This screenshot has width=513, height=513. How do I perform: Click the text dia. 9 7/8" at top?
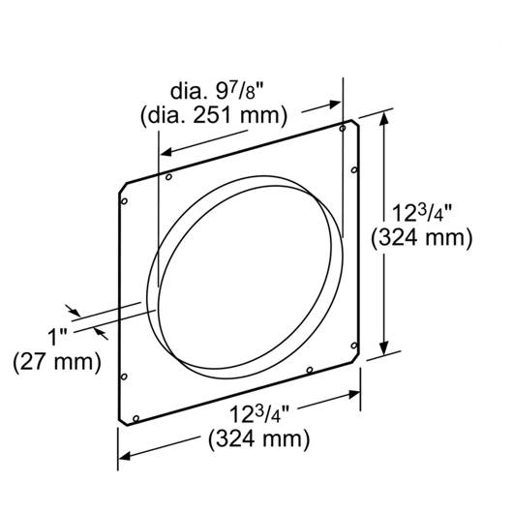pos(217,92)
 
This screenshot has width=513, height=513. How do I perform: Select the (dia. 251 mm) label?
pos(214,115)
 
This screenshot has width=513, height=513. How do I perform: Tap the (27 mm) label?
pos(57,362)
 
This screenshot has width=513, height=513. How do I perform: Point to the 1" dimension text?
pos(57,337)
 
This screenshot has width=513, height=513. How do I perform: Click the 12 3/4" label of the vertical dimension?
pos(422,213)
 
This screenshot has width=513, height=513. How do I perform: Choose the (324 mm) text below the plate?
pos(258,438)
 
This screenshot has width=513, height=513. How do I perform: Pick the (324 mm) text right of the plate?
pos(422,237)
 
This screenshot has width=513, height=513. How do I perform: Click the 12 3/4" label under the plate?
pos(259,414)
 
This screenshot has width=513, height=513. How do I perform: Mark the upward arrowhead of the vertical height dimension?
pos(384,118)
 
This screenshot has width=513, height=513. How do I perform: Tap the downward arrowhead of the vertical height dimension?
pos(384,348)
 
